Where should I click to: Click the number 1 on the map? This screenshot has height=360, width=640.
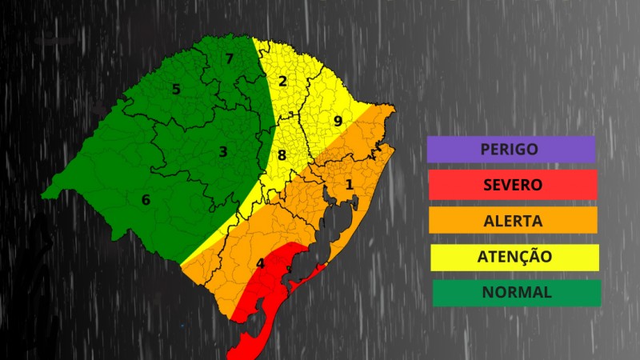pos(349,185)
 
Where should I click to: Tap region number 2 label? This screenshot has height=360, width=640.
pos(282,81)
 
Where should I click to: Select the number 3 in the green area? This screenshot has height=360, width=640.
pos(223,151)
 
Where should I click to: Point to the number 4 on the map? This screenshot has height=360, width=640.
pos(260,263)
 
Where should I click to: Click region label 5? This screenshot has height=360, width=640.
pos(176,89)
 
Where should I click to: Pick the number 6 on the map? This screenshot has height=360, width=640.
pos(146,199)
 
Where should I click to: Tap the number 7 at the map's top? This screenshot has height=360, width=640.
pos(229,58)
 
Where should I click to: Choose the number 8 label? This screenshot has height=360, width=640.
pos(282,155)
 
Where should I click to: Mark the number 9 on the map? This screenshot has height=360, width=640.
pos(338,122)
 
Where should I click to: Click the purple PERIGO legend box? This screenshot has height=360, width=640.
pos(510,149)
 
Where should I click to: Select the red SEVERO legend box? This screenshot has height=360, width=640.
pos(512,185)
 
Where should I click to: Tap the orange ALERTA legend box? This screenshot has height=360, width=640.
pos(512,221)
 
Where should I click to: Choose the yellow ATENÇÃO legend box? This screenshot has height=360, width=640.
pos(514,257)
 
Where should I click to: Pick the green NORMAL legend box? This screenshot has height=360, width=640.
pos(516,292)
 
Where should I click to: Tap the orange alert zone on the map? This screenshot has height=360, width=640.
pos(240,240)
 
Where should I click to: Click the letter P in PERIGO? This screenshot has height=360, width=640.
pos(485,149)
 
